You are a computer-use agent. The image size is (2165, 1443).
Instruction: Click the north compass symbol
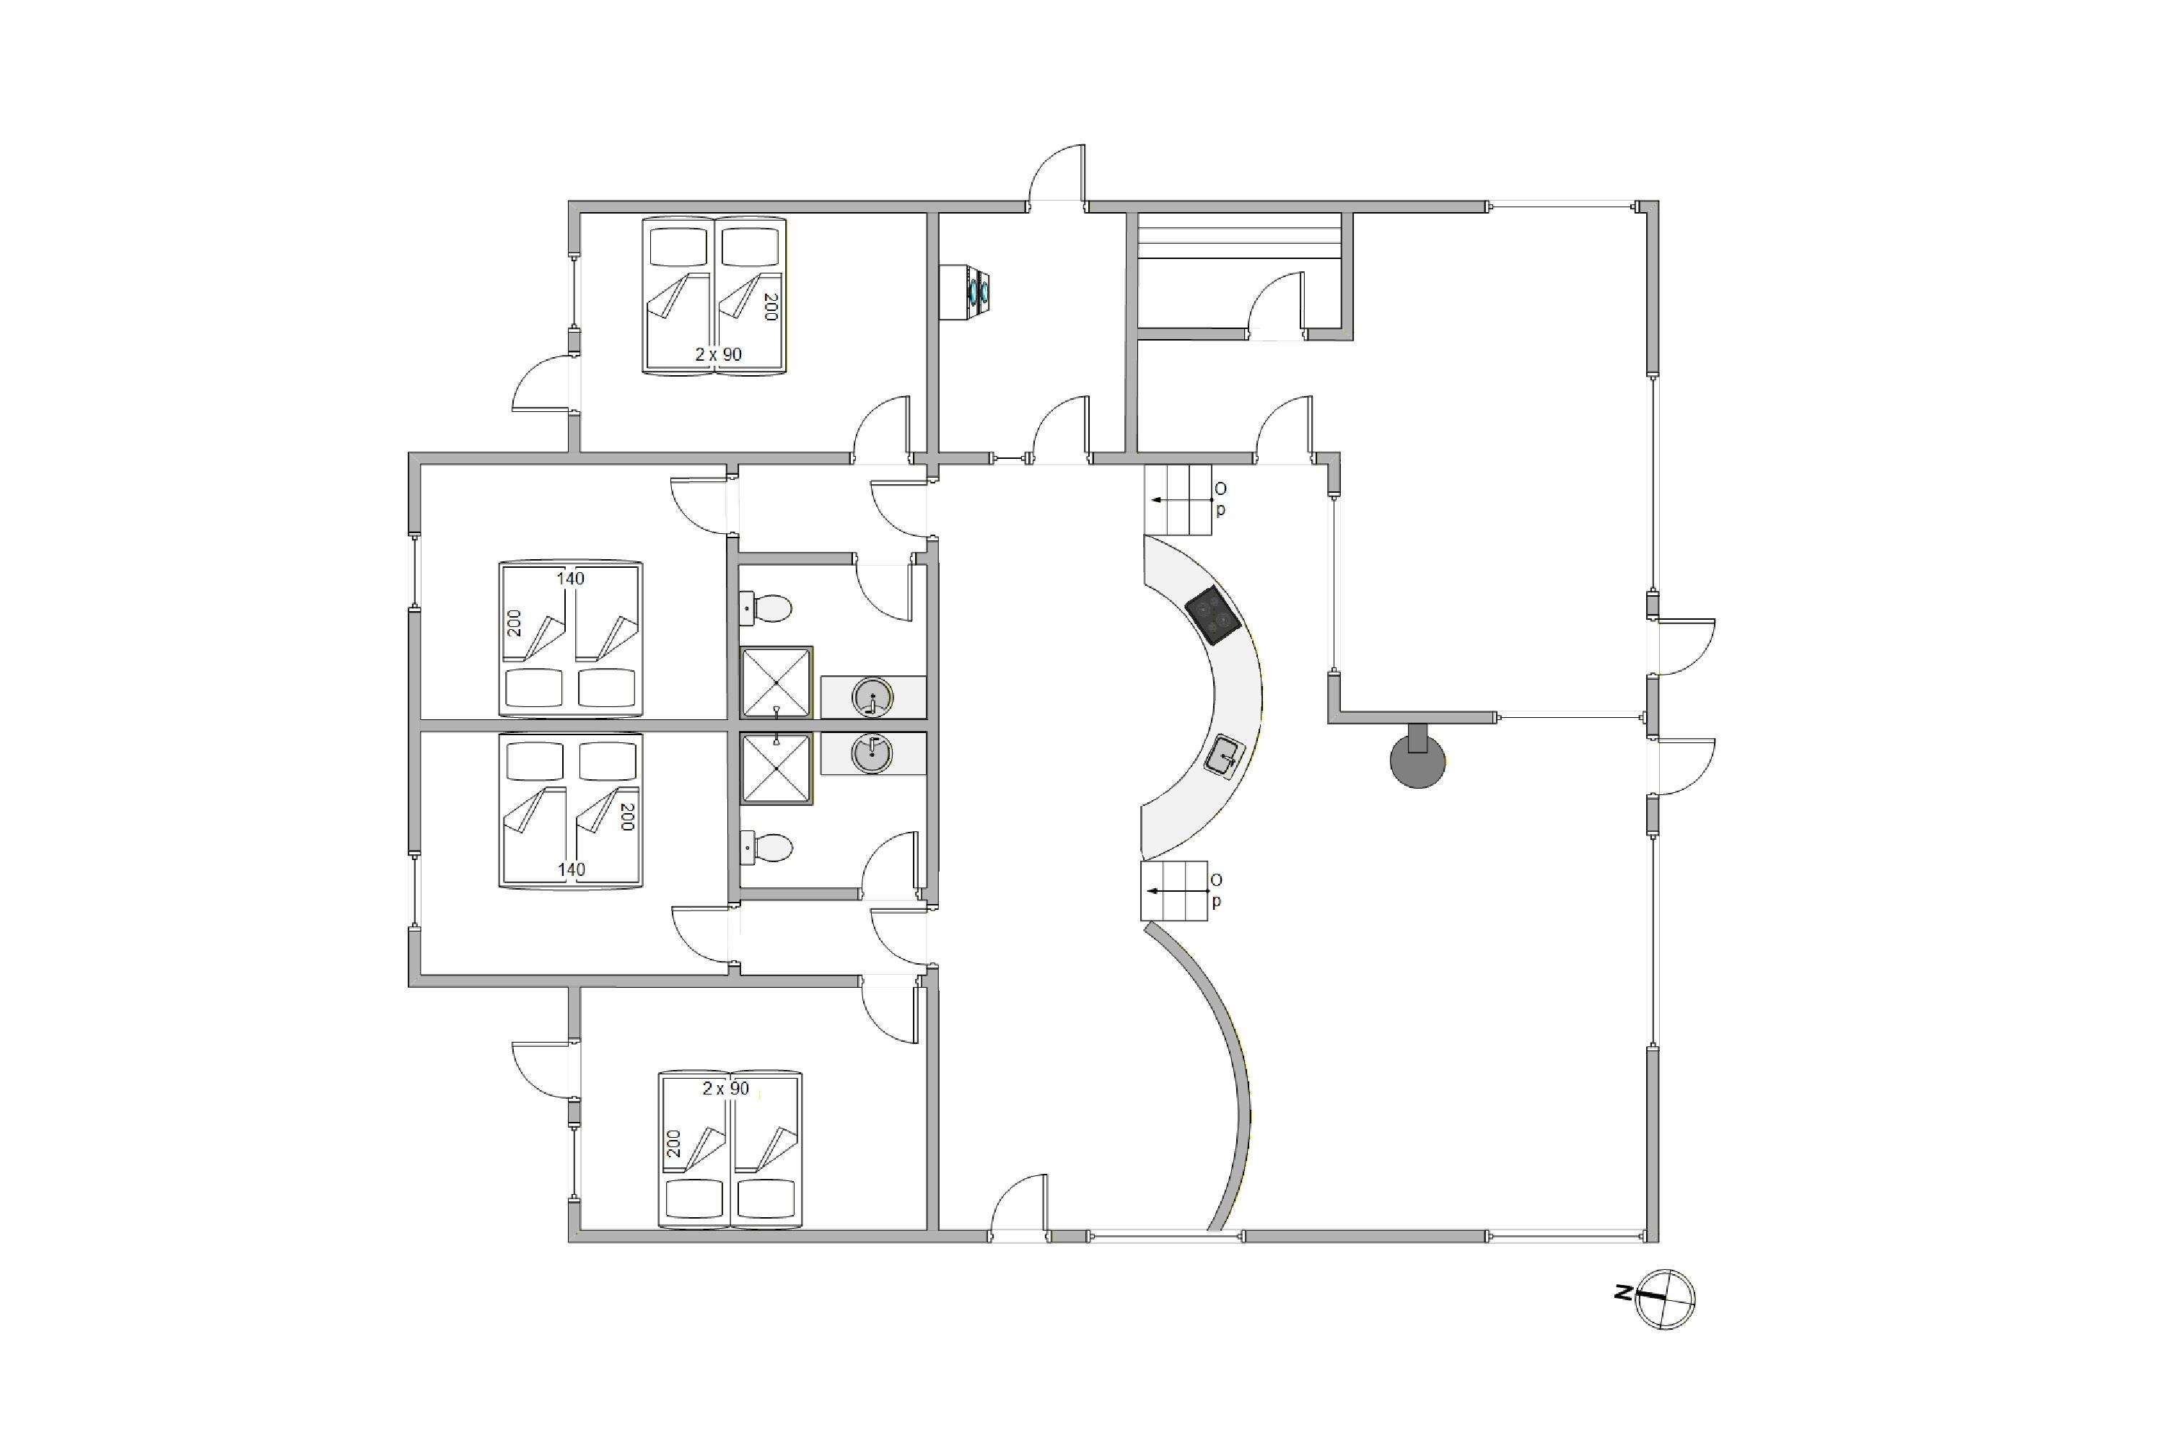(1665, 1299)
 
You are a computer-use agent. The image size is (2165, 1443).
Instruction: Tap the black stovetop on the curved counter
(1213, 615)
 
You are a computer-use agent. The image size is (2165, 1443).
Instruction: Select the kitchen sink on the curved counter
(1226, 758)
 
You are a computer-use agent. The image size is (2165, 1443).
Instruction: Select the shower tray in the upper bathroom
(777, 683)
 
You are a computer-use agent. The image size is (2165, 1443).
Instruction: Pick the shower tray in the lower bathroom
(777, 769)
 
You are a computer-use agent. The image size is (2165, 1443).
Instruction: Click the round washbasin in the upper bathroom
(872, 697)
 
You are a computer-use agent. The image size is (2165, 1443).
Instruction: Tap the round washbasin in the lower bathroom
(872, 753)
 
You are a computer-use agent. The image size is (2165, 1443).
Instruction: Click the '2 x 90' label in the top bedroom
(718, 354)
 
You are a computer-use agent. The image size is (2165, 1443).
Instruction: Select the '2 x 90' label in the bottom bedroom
(725, 1088)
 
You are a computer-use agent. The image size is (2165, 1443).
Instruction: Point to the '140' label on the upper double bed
(571, 579)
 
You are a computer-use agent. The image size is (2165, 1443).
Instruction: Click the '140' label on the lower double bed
(571, 869)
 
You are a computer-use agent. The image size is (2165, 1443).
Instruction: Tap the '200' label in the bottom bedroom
(674, 1144)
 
